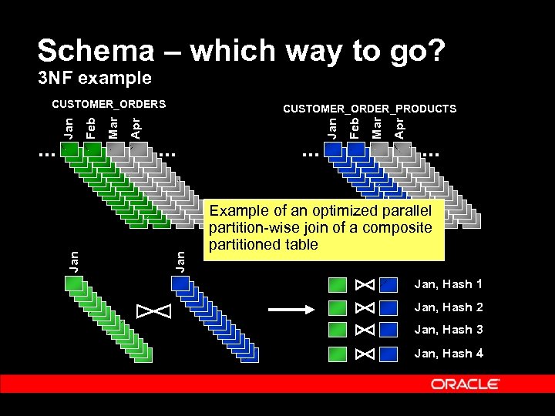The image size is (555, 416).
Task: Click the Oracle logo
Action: [x=465, y=384]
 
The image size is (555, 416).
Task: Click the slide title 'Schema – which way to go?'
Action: [x=240, y=51]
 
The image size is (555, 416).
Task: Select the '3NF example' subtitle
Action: [x=95, y=78]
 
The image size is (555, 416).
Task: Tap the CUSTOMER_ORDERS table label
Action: [x=109, y=103]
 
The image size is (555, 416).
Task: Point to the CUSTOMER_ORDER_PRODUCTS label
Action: [x=369, y=109]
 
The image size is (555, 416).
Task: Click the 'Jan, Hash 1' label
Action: [x=449, y=284]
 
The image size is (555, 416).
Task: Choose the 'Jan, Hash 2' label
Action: [x=449, y=307]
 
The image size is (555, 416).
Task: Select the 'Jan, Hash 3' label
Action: [x=449, y=330]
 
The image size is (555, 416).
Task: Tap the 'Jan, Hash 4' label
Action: [x=449, y=354]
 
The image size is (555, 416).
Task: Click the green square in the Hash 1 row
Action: [x=338, y=285]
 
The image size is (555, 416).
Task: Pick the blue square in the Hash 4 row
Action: [x=388, y=354]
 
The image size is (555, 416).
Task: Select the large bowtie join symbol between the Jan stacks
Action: [x=153, y=311]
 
